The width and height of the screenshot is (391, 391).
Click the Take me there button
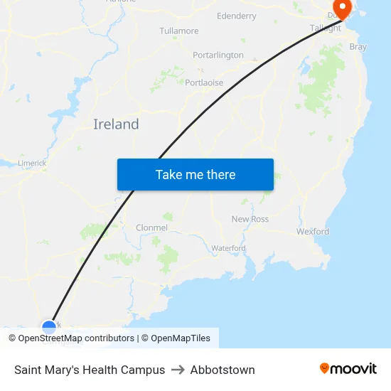(195, 175)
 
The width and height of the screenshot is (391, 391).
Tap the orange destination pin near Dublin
(342, 9)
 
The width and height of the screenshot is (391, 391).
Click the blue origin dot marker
(49, 327)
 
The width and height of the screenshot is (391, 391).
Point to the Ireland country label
(116, 124)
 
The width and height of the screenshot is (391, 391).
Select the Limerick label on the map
(32, 163)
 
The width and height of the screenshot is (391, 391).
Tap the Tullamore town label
(179, 31)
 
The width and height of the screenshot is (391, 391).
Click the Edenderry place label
(236, 16)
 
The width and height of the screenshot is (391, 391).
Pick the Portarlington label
(218, 55)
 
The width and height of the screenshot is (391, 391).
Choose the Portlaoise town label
(204, 82)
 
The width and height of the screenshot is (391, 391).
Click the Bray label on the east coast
(358, 47)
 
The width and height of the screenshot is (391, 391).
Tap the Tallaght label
(326, 28)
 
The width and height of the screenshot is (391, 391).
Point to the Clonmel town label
(151, 227)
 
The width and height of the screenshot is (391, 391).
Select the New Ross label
(250, 219)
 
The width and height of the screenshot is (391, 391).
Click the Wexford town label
(313, 232)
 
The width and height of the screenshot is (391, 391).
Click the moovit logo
(348, 369)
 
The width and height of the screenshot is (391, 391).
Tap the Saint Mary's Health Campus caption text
(90, 370)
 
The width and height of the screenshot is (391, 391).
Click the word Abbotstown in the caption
(223, 370)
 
